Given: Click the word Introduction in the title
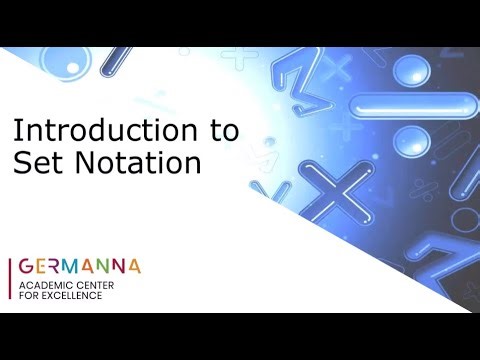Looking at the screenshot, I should [97, 130].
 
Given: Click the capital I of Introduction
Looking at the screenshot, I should [15, 130].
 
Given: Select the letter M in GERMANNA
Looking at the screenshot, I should [78, 267].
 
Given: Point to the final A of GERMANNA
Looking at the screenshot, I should [133, 267].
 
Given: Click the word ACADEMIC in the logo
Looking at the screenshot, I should [45, 286].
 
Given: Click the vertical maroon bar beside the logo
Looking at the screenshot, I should [10, 279].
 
